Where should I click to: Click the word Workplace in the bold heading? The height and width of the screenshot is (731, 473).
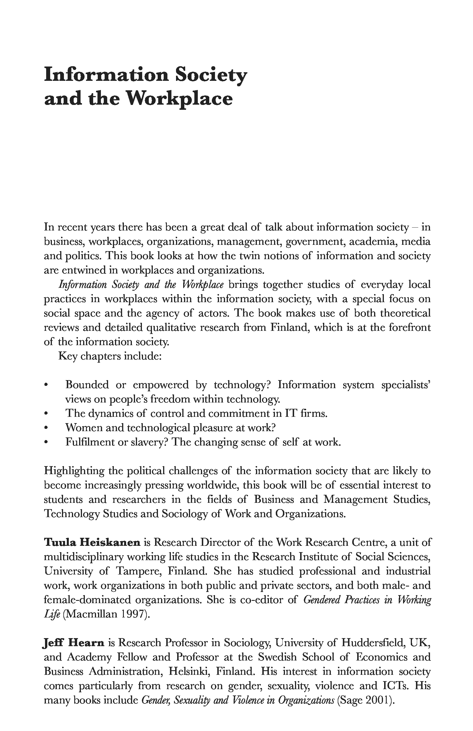coord(179,99)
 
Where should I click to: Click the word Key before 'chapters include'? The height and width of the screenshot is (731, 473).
coord(68,356)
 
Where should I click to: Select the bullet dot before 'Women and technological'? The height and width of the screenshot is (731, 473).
coord(46,428)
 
